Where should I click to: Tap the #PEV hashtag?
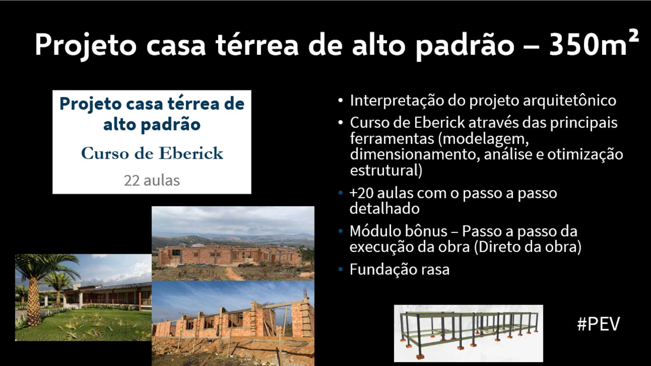(598, 324)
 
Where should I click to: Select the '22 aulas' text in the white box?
(152, 181)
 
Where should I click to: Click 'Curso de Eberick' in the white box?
(152, 153)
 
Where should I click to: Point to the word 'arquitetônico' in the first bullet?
(569, 101)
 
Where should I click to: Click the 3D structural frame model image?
(468, 333)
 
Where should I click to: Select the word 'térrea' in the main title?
(257, 44)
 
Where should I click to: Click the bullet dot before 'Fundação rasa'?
(340, 270)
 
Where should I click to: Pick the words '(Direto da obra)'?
(528, 247)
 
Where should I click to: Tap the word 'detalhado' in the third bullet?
(384, 208)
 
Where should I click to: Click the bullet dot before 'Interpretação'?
(340, 101)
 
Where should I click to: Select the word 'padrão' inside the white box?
(171, 125)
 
